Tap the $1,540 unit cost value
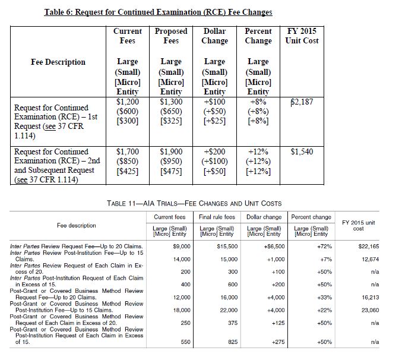[x=302, y=153]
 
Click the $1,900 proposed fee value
[x=171, y=153]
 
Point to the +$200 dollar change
[x=214, y=153]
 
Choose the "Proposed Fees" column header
[x=171, y=36]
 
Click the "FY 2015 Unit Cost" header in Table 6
[x=302, y=36]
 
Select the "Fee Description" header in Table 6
[x=58, y=62]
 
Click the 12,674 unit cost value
[x=370, y=259]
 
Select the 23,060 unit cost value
[x=370, y=310]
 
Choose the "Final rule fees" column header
[x=218, y=217]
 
